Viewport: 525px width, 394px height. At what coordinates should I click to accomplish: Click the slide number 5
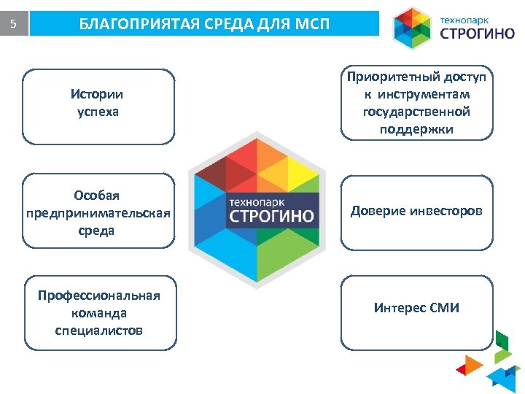(13, 24)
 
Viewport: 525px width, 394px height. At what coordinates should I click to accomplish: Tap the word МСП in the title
(312, 25)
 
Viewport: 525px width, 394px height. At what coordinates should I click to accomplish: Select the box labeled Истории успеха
(98, 106)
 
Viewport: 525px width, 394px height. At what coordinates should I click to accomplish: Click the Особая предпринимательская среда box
(98, 211)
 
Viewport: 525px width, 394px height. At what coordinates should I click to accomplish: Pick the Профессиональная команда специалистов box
(98, 313)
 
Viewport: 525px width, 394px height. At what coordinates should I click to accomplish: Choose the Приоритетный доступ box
(416, 103)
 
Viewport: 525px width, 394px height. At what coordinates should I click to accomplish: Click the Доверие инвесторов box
(416, 211)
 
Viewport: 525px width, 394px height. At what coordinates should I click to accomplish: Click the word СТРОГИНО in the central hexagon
(271, 217)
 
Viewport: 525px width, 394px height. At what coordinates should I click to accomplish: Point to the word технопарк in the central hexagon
(256, 200)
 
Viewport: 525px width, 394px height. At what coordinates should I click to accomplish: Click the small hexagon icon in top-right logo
(413, 28)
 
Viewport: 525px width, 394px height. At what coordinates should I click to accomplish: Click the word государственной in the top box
(416, 112)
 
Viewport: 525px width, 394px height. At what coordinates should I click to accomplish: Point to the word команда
(98, 313)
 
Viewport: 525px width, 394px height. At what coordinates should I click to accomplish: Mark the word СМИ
(445, 308)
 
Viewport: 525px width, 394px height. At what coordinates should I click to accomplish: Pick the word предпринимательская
(98, 213)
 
